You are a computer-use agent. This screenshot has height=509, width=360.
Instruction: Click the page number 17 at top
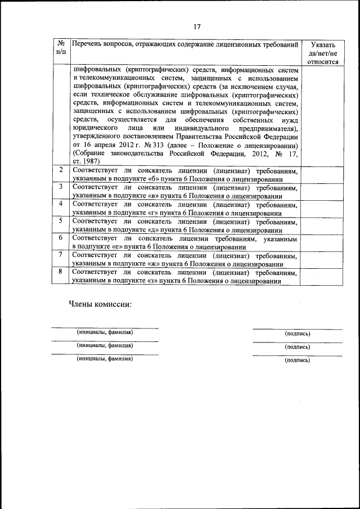pyautogui.click(x=197, y=26)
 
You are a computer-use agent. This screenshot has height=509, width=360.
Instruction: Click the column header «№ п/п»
pyautogui.click(x=61, y=48)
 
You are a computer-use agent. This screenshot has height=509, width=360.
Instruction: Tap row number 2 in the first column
pyautogui.click(x=61, y=170)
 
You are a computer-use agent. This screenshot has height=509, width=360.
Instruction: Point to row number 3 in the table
pyautogui.click(x=61, y=187)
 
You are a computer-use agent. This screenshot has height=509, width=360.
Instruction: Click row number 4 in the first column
pyautogui.click(x=61, y=203)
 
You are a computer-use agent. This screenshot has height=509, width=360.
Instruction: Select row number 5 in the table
pyautogui.click(x=61, y=220)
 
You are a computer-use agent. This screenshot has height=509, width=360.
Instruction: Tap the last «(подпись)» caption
pyautogui.click(x=298, y=360)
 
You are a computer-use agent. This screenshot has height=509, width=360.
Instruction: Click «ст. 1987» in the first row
pyautogui.click(x=86, y=161)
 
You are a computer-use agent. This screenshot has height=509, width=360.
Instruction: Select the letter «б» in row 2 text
pyautogui.click(x=146, y=179)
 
